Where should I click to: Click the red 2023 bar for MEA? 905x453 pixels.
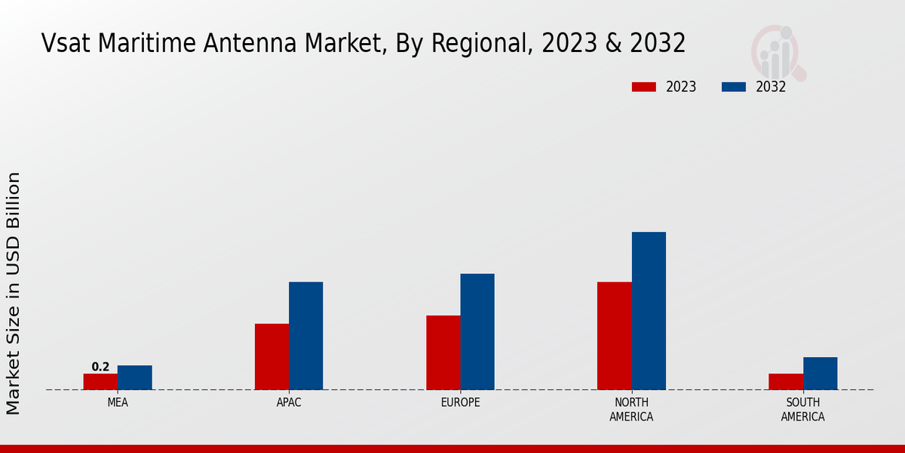coord(100,381)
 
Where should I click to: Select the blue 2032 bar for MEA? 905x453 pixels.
coord(134,377)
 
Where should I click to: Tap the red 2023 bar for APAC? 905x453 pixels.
coord(271,356)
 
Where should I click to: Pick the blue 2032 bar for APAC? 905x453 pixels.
coord(305,336)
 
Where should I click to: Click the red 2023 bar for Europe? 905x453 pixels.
coord(443,353)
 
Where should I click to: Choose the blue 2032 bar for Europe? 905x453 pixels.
coord(477,331)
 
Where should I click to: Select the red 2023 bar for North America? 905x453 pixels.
coord(614,336)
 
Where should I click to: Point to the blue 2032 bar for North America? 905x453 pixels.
coord(649,310)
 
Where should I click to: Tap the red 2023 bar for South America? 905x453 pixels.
coord(785,381)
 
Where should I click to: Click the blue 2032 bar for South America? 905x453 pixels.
coord(820,373)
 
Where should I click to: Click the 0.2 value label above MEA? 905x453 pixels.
coord(100,367)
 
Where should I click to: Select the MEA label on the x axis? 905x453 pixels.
coord(118,402)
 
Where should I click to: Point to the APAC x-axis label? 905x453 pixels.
coord(289,402)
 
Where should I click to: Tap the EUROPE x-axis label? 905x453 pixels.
coord(460,402)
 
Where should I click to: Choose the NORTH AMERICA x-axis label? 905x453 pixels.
coord(631,409)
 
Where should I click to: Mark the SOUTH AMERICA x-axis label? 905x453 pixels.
coord(802,409)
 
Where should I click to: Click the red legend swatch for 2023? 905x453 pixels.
coord(644,87)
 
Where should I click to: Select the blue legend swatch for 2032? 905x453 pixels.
coord(734,87)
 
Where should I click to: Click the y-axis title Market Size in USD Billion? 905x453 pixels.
coord(14,293)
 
